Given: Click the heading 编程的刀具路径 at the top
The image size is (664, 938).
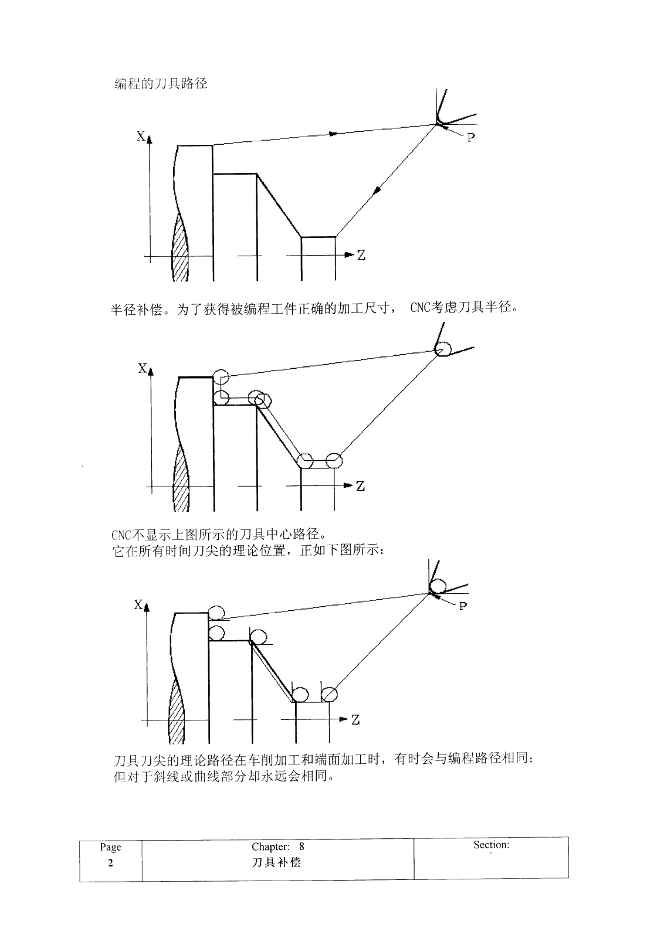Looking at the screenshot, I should click(160, 83).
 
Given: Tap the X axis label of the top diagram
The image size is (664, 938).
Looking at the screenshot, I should click(141, 136).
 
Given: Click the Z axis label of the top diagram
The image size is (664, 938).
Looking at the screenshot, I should click(361, 255).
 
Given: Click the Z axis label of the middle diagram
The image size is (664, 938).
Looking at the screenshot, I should click(360, 486).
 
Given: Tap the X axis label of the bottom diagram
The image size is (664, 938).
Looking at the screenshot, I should click(138, 604).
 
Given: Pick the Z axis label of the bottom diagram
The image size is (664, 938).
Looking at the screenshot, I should click(355, 720).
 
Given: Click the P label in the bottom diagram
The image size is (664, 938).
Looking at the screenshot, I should click(463, 606).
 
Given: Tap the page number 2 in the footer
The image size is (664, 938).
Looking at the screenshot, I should click(110, 863).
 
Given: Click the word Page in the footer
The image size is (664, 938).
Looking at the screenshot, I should click(110, 847).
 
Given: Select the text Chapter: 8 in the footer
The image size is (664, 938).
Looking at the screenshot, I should click(277, 847).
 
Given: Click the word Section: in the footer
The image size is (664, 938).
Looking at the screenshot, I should click(491, 845).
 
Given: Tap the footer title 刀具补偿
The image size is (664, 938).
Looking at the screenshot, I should click(277, 862).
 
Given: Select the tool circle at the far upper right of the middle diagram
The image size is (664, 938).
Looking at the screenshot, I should click(442, 349).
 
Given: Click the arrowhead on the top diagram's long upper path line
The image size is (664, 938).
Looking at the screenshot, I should click(333, 134).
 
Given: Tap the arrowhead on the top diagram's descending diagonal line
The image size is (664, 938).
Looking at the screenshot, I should click(377, 189).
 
